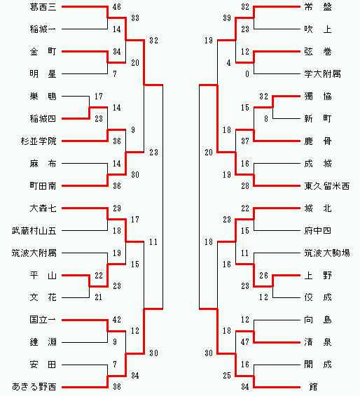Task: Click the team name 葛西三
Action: pyautogui.click(x=43, y=7)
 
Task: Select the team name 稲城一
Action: pyautogui.click(x=43, y=29)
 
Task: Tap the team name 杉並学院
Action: pyautogui.click(x=39, y=141)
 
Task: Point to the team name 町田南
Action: pyautogui.click(x=43, y=186)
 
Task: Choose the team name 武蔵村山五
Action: pyautogui.click(x=34, y=231)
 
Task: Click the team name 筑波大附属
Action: pyautogui.click(x=34, y=253)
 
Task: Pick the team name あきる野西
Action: pyautogui.click(x=34, y=387)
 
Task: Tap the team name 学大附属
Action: pyautogui.click(x=322, y=74)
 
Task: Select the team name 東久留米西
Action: pyautogui.click(x=326, y=186)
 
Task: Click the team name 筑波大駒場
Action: pyautogui.click(x=326, y=253)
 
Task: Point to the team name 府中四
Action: pyautogui.click(x=317, y=231)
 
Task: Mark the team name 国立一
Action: pyautogui.click(x=43, y=320)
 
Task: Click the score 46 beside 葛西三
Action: pyautogui.click(x=117, y=7)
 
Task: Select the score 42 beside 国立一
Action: pyautogui.click(x=117, y=320)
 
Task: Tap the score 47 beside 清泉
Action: pyautogui.click(x=245, y=342)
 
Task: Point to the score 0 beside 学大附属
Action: pyautogui.click(x=247, y=74)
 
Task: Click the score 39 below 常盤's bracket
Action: pyautogui.click(x=227, y=18)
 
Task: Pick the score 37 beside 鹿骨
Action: pyautogui.click(x=245, y=141)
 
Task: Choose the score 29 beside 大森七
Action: pyautogui.click(x=117, y=208)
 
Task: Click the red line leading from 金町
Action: pyautogui.click(x=85, y=52)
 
